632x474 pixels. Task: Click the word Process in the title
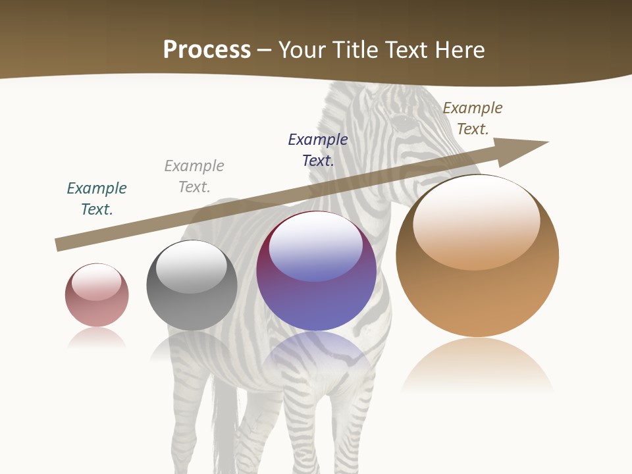[x=207, y=49]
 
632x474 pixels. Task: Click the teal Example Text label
[x=97, y=199]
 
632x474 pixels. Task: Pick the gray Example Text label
[x=194, y=176]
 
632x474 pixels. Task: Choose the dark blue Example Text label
[x=318, y=150]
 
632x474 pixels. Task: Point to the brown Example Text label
[x=472, y=118]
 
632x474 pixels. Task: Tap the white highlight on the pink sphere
[x=97, y=282]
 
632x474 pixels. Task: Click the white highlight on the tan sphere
[x=477, y=221]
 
